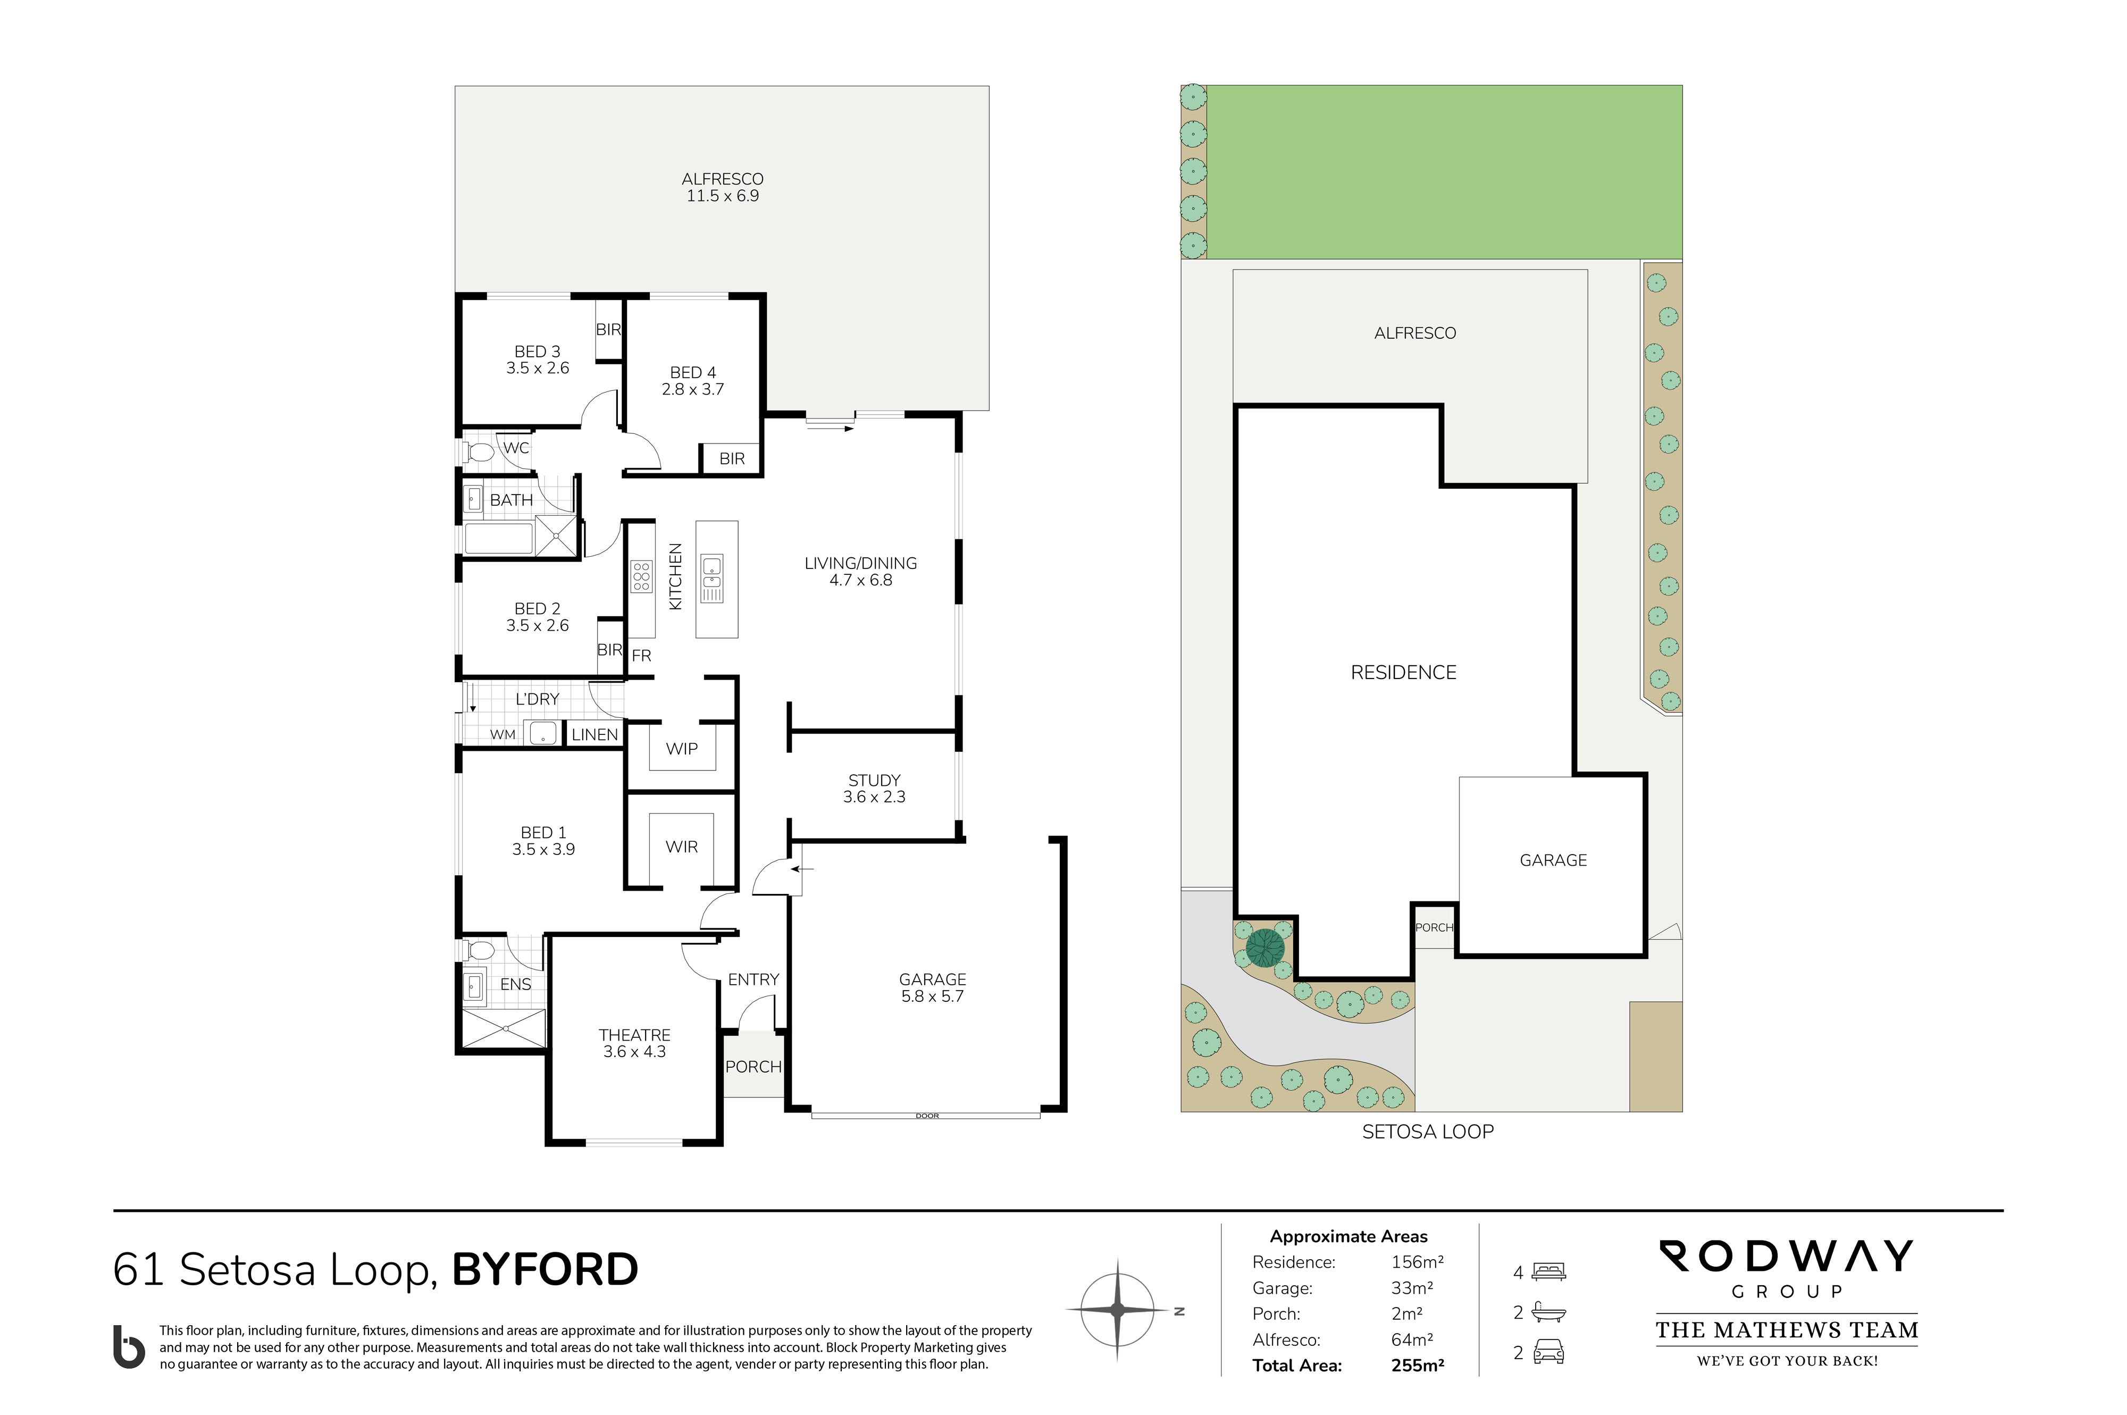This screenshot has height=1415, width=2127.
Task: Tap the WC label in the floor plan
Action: [516, 448]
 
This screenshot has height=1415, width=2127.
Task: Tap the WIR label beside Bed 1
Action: [681, 847]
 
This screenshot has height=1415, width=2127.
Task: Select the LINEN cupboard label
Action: [594, 734]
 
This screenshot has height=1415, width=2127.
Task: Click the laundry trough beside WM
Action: [542, 733]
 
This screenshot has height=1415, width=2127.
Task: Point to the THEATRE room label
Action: [634, 1035]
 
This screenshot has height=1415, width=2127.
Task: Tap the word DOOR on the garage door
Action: [927, 1116]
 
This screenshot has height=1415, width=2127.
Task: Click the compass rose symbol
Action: [1117, 1309]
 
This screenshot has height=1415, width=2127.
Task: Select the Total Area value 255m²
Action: [1418, 1366]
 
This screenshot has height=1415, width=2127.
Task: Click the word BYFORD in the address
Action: [545, 1270]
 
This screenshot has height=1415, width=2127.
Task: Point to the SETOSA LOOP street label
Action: [1428, 1132]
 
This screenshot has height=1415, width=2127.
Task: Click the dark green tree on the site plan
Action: [1265, 948]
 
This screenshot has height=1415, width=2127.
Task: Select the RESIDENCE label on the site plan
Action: [1403, 672]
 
